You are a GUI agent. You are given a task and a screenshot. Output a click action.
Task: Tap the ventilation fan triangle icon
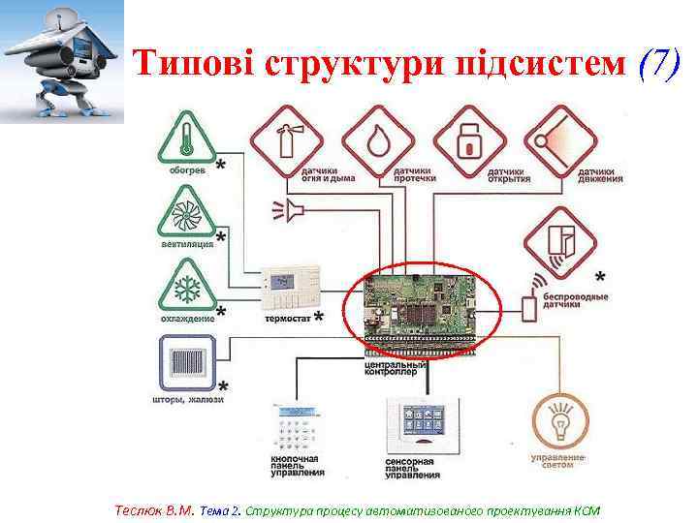[x=186, y=210]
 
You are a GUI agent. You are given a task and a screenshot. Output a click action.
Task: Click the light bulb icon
[x=559, y=420]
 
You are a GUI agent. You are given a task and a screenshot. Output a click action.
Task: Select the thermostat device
[x=290, y=285]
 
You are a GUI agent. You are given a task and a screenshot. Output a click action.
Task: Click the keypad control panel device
[x=298, y=427]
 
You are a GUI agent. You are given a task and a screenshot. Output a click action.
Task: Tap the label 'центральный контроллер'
[x=392, y=367]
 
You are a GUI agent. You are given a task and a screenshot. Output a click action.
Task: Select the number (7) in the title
[x=665, y=63]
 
